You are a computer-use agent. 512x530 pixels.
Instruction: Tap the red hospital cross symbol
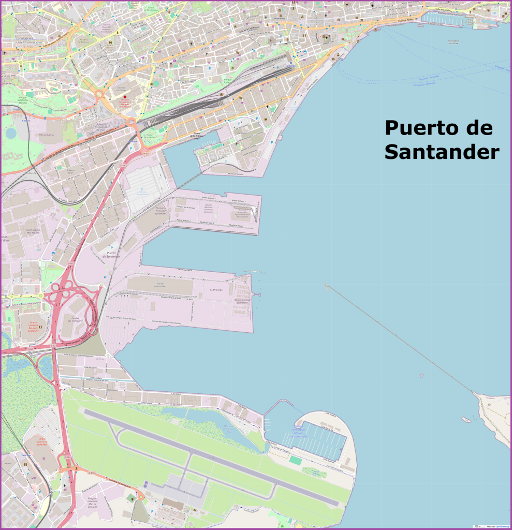124,97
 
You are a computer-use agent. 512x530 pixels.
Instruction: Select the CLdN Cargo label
216,290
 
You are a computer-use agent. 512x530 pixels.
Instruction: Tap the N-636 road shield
92,473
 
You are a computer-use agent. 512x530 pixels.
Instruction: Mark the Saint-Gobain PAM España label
33,231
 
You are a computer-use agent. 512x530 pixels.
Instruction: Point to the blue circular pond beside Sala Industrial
10,134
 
